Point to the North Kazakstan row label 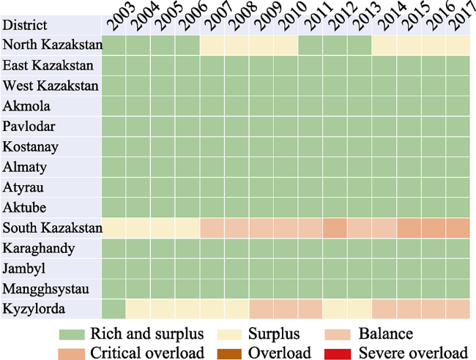pyautogui.click(x=51, y=45)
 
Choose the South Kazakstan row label pyautogui.click(x=51, y=228)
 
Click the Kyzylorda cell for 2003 pyautogui.click(x=114, y=310)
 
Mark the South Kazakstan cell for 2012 pyautogui.click(x=335, y=228)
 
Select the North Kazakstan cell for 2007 pyautogui.click(x=212, y=45)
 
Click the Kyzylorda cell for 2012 pyautogui.click(x=335, y=310)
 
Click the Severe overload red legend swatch pyautogui.click(x=337, y=353)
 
